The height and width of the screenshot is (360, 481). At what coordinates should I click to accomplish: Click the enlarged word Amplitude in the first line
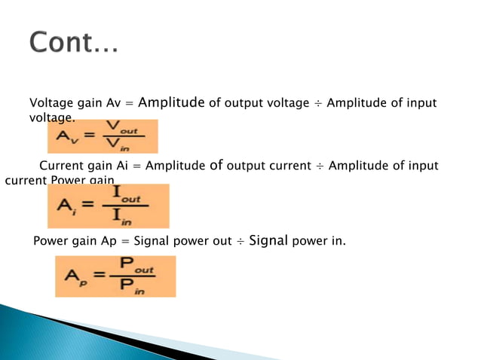[x=171, y=102]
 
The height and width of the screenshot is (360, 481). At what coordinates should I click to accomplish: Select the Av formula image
[x=103, y=136]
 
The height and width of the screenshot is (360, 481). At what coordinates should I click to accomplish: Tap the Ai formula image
[x=108, y=206]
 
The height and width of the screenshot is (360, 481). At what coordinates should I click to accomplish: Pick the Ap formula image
[x=115, y=276]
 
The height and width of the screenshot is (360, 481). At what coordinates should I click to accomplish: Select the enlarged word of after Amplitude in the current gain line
[x=216, y=165]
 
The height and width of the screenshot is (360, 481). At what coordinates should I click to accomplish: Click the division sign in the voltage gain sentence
[x=319, y=103]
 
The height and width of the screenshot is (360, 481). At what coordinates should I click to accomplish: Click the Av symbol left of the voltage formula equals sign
[x=65, y=138]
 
